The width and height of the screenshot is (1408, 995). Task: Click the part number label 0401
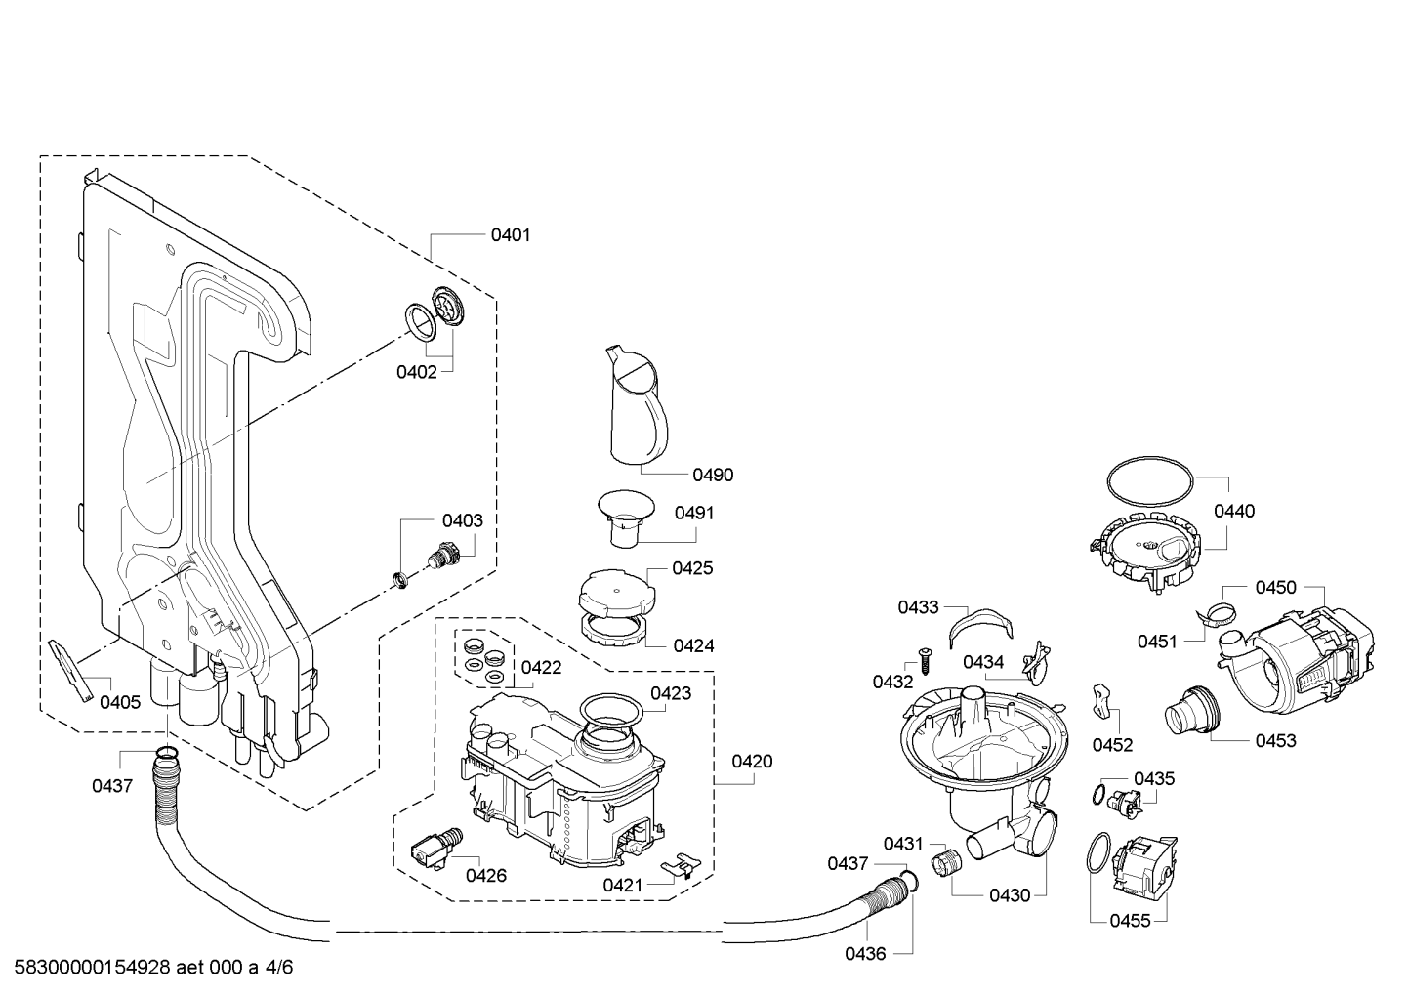click(511, 234)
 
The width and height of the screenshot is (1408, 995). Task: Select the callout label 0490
click(713, 475)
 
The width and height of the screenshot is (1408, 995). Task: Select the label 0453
click(1276, 740)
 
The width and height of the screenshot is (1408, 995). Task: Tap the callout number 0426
click(485, 875)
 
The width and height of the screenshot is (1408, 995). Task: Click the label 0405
click(120, 701)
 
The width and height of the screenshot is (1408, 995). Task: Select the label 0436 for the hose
click(865, 954)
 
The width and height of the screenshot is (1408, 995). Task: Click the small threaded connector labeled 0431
click(945, 863)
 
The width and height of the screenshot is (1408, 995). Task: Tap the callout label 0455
click(1130, 920)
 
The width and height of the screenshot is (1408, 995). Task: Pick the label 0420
click(752, 761)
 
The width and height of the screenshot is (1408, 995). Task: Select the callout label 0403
click(462, 520)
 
